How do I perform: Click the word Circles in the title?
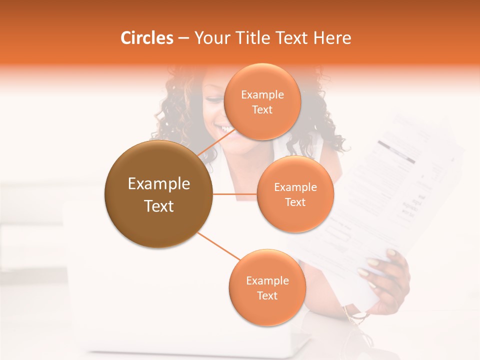click(x=147, y=38)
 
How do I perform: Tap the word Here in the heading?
click(x=332, y=38)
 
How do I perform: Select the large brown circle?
click(x=158, y=194)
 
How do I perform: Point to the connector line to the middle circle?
click(x=234, y=194)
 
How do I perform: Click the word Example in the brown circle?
click(x=158, y=184)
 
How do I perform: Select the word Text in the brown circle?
click(x=158, y=206)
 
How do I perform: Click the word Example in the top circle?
click(x=262, y=95)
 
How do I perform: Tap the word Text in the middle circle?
click(x=295, y=202)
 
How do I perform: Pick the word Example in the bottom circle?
click(x=267, y=281)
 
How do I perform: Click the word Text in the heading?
click(x=291, y=38)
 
